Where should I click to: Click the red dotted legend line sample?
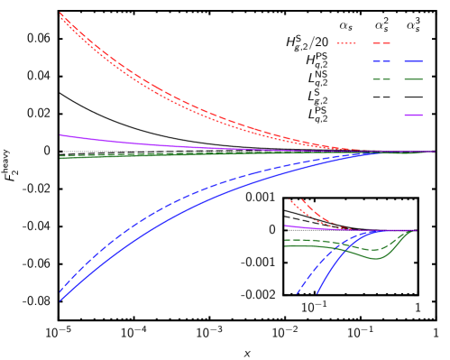point(346,43)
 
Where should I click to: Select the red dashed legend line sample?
point(381,43)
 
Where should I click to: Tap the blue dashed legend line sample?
point(381,61)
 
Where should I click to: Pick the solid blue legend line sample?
point(414,61)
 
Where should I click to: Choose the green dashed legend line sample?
point(381,79)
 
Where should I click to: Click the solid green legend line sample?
point(414,79)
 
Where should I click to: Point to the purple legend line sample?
point(414,115)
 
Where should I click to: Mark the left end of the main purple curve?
point(60,135)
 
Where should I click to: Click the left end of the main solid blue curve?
point(60,300)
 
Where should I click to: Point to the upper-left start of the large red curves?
point(60,14)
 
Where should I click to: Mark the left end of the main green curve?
point(60,157)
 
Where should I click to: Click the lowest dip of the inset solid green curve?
point(377,258)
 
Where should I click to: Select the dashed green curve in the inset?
point(343,243)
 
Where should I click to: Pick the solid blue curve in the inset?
point(338,261)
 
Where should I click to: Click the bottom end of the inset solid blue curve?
point(317,292)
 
